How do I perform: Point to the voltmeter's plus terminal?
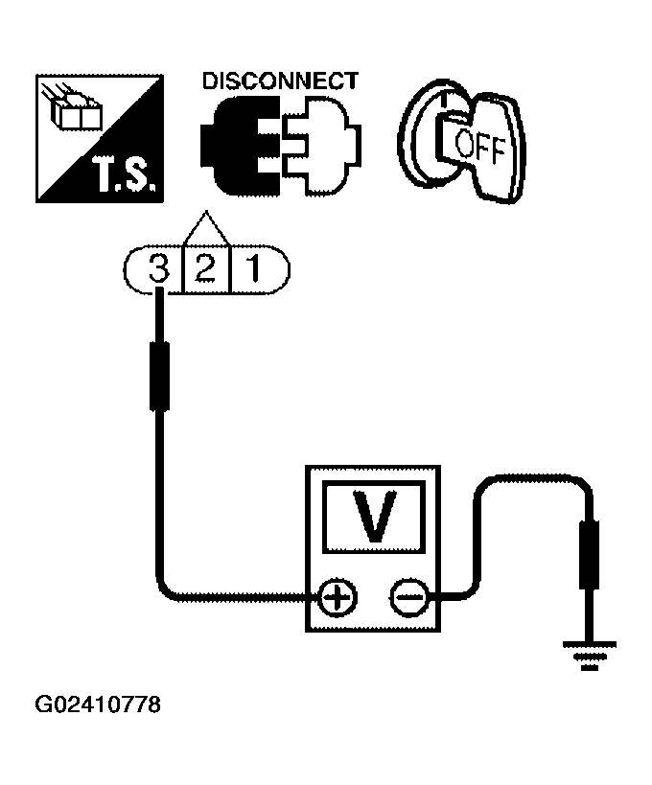(x=337, y=600)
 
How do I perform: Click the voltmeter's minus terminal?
(x=407, y=600)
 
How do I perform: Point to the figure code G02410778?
(x=98, y=706)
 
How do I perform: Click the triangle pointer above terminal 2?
(x=205, y=230)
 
